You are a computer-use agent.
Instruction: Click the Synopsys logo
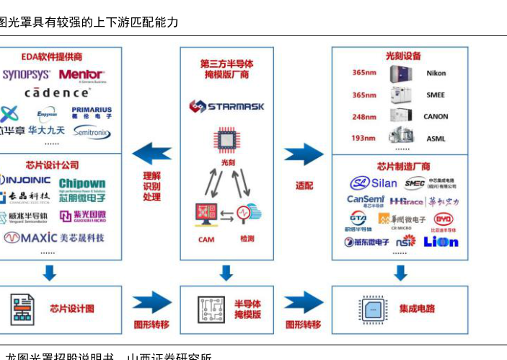click(x=26, y=74)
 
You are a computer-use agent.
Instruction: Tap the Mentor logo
click(x=81, y=74)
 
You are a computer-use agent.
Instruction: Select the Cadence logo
click(x=57, y=93)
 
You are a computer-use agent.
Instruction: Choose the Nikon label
click(x=436, y=73)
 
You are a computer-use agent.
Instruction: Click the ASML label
click(x=436, y=138)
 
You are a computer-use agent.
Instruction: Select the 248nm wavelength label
click(x=363, y=116)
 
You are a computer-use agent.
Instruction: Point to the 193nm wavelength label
click(x=363, y=138)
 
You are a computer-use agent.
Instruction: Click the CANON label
click(x=436, y=116)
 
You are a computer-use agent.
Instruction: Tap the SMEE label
click(x=436, y=95)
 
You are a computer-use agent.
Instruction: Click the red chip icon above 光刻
click(x=226, y=141)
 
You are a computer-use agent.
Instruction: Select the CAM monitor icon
click(x=206, y=215)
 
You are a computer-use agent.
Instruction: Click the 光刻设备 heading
click(x=402, y=56)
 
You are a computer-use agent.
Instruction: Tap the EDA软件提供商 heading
click(x=51, y=56)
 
